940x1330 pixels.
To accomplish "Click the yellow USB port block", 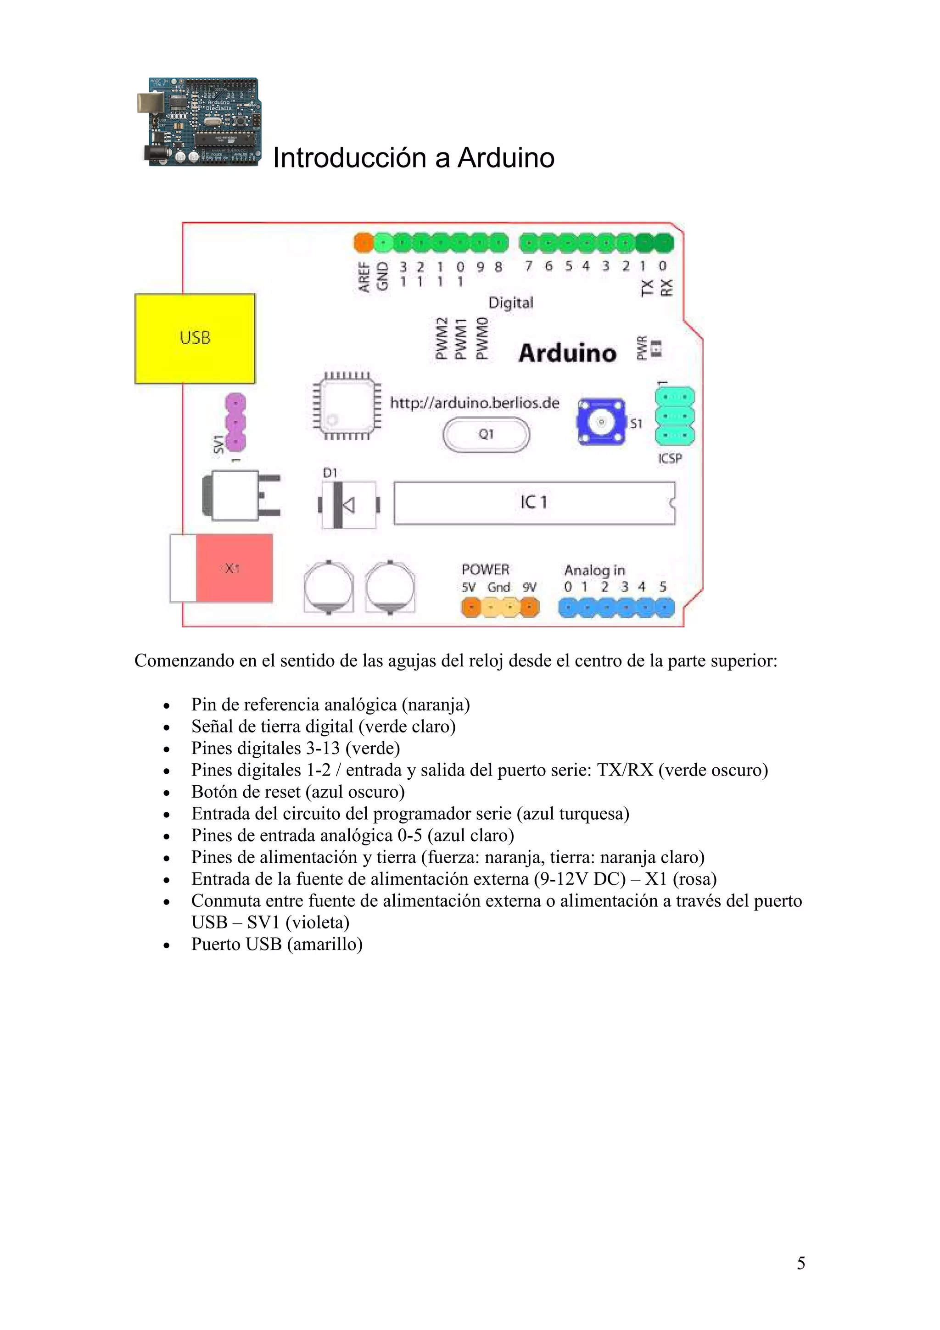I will point(195,338).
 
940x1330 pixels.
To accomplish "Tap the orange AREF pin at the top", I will point(363,243).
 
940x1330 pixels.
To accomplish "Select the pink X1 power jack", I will point(234,568).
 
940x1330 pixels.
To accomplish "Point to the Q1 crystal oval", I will point(486,435).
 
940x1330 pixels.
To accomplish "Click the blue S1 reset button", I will point(601,421).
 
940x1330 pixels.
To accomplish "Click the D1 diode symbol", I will point(347,505).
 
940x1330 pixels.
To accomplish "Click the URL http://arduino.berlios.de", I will point(474,403).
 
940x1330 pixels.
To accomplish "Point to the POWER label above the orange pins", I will point(485,570).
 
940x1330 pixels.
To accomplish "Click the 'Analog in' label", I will point(594,570).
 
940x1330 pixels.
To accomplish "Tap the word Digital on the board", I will point(510,303).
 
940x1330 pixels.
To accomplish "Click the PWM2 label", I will point(442,339).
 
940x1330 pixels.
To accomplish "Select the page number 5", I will point(800,1263).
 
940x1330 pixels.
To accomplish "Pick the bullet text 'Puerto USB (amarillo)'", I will point(277,944).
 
